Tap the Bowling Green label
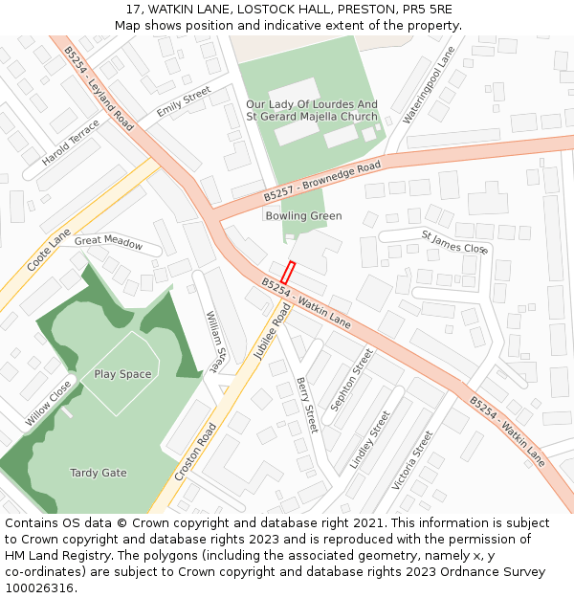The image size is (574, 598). (x=303, y=216)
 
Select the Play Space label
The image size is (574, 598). (x=122, y=374)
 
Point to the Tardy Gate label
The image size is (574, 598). (x=99, y=473)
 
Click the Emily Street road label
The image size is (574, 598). (x=184, y=101)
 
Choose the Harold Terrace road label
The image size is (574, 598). (x=70, y=143)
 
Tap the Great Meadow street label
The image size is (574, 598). (x=108, y=242)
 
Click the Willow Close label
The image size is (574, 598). (x=48, y=403)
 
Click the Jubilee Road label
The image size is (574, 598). (x=272, y=332)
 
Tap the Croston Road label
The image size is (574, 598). (x=196, y=453)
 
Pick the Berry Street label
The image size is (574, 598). (x=306, y=405)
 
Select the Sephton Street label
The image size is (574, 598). (x=351, y=380)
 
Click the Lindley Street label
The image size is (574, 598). (x=369, y=439)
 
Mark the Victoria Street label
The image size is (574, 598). (x=412, y=460)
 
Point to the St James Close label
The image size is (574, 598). (x=454, y=241)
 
